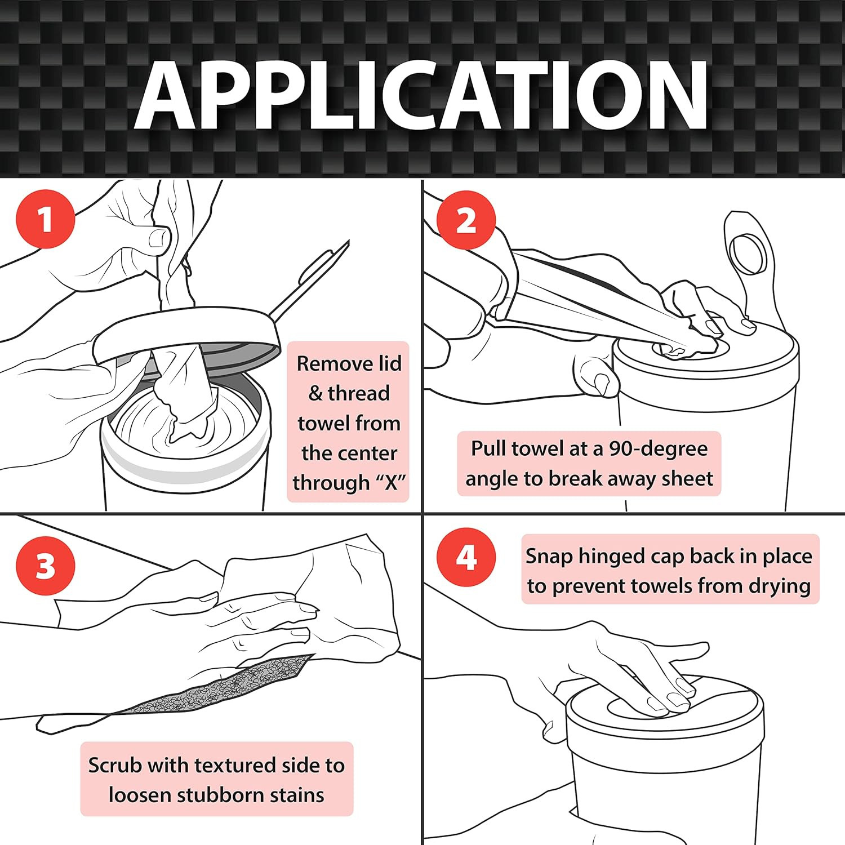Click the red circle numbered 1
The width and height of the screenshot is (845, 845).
(46, 219)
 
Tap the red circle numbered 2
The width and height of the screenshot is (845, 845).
(466, 220)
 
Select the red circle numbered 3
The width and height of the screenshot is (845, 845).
(46, 566)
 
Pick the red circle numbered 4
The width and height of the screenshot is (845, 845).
(466, 557)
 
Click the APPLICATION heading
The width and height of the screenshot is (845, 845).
(421, 95)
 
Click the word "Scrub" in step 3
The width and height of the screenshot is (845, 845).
(115, 765)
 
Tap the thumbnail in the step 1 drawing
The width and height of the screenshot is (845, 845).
(159, 238)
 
